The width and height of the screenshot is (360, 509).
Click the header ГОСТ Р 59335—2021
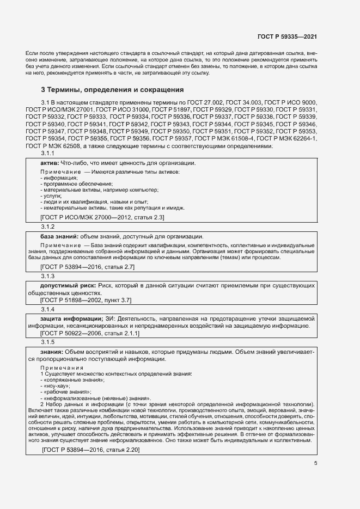click(x=287, y=36)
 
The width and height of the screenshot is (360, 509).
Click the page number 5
click(x=316, y=463)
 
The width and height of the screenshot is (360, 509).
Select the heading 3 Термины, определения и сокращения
click(x=113, y=89)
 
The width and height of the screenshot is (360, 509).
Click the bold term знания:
click(x=52, y=352)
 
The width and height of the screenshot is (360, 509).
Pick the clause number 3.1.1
click(x=48, y=154)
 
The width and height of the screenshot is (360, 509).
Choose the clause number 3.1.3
click(x=48, y=276)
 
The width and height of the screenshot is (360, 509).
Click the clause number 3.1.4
click(x=48, y=309)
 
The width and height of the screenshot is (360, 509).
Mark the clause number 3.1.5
click(x=48, y=342)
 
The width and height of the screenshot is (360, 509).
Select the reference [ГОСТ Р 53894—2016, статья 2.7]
click(x=88, y=267)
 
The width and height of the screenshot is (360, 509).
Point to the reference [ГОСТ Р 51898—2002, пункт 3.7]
click(x=86, y=300)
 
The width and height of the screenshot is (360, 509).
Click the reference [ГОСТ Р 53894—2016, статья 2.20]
click(x=91, y=450)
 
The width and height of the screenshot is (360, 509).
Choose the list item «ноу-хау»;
click(x=56, y=385)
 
